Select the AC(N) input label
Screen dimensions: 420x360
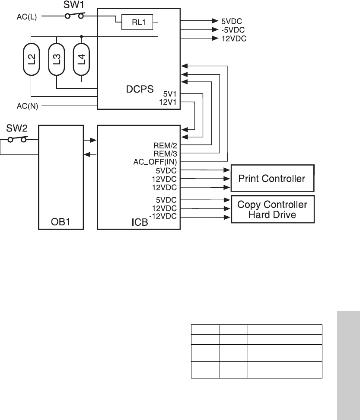(27, 106)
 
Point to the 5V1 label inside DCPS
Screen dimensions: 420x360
(170, 94)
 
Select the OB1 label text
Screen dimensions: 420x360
(61, 223)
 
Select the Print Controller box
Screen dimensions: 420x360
(273, 178)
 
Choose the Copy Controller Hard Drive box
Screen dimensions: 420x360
(273, 209)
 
